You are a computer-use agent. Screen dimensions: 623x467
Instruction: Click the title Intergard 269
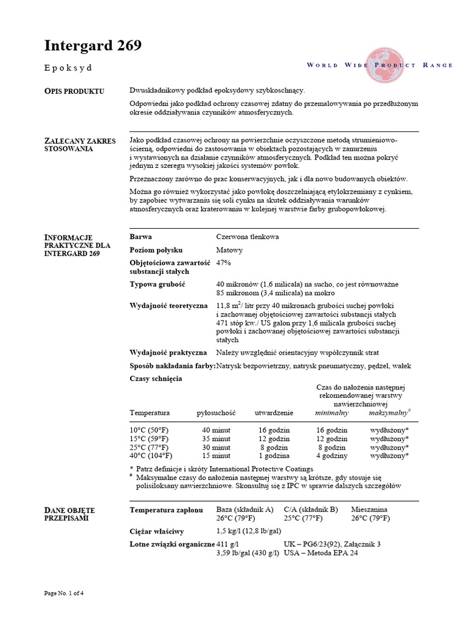point(93,46)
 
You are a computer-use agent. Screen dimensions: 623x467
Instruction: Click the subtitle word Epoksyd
point(68,68)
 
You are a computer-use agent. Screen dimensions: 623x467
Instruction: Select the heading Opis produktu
point(74,91)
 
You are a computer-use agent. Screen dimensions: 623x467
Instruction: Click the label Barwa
point(141,237)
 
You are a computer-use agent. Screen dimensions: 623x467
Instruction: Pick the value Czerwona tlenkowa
point(247,237)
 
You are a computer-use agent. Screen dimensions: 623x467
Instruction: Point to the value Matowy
point(230,250)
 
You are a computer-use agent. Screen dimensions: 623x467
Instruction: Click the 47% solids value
point(224,263)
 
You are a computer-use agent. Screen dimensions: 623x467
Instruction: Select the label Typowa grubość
point(157,285)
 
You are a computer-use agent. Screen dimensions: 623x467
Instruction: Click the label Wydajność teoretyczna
point(168,305)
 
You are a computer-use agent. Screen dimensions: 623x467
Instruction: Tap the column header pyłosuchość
point(216,412)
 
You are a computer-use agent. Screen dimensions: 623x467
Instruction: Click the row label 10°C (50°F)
point(149,430)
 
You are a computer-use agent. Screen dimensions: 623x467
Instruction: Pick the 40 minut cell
point(216,430)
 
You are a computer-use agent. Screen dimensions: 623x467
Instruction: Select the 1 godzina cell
point(273,455)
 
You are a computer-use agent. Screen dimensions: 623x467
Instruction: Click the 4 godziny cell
point(331,455)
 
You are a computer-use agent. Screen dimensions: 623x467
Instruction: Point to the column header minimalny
point(331,412)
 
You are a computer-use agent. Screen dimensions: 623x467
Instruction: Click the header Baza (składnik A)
point(245,509)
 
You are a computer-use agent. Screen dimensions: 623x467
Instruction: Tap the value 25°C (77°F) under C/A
point(307,518)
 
